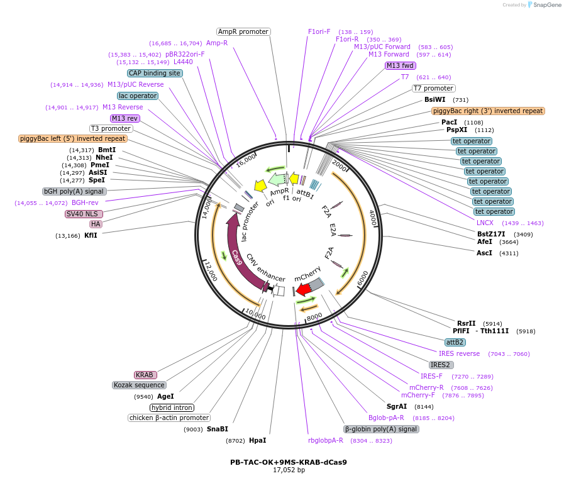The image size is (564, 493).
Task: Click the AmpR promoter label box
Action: point(243,31)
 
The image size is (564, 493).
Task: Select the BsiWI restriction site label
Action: point(435,99)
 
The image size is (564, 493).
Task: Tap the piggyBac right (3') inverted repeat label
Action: point(488,111)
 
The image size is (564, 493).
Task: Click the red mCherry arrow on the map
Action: point(304,289)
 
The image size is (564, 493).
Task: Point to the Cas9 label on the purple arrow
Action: point(236,258)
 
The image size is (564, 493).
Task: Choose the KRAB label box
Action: point(145,375)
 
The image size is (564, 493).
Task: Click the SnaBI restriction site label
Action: point(218,429)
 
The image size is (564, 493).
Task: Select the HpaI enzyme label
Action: point(258,440)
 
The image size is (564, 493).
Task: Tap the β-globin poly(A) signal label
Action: point(381,429)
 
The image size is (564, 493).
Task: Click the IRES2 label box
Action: point(440,365)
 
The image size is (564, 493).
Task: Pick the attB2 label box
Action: point(455,342)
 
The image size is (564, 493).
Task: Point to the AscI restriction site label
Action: point(484,253)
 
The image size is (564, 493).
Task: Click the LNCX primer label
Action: point(485,223)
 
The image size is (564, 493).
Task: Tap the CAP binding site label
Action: point(155,73)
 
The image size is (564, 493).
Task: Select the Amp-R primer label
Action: point(217,43)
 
